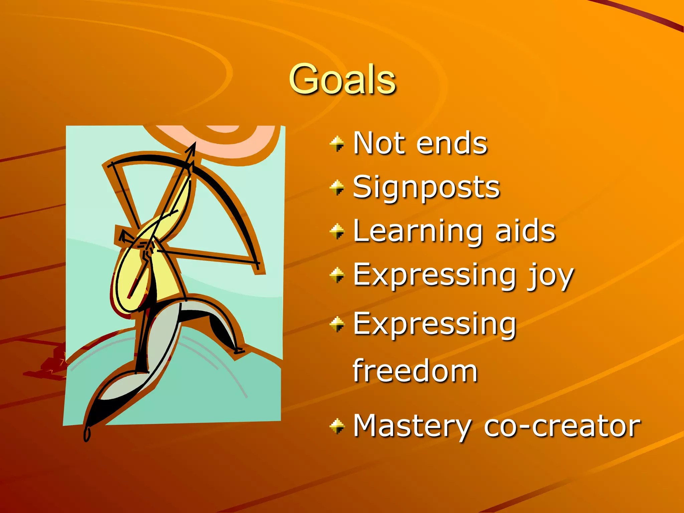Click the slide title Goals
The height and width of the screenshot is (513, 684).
point(342,79)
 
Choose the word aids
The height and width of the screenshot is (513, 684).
point(525,231)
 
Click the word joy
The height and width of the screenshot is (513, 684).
point(551,277)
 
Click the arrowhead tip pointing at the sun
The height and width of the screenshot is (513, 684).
point(194,144)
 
